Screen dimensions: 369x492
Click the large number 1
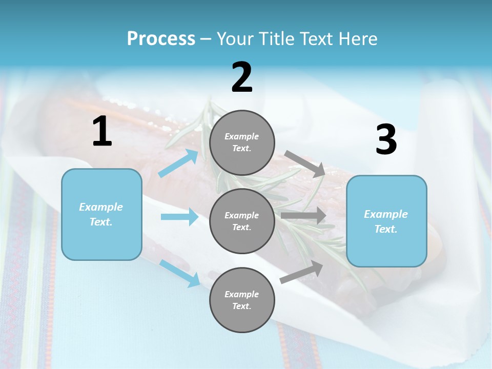point(102,132)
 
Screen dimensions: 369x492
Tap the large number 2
point(242,77)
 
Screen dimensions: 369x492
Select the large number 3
point(386,140)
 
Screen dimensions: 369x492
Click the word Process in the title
point(161,38)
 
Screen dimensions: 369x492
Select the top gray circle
point(242,142)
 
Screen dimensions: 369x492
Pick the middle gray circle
point(242,221)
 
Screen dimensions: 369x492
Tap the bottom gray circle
point(242,300)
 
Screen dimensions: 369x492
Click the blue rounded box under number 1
point(101,214)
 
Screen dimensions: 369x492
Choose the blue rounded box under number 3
point(386,221)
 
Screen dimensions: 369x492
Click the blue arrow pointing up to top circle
point(179,163)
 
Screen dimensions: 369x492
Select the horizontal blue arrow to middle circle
point(179,217)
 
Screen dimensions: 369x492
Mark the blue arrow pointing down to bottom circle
point(180,273)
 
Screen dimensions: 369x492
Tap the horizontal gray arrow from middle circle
point(303,216)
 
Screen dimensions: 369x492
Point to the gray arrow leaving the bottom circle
point(301,272)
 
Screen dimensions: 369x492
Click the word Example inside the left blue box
point(101,207)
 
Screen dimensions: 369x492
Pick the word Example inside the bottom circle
point(242,294)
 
